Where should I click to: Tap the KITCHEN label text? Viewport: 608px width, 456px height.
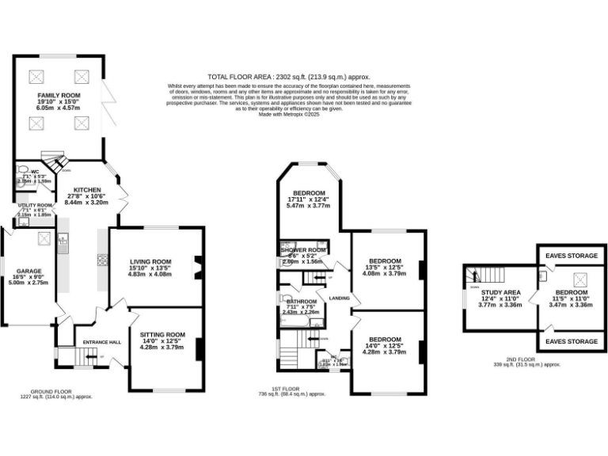click(x=87, y=190)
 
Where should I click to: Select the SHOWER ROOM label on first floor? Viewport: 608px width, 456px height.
click(x=303, y=250)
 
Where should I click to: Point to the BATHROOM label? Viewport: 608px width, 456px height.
click(x=301, y=302)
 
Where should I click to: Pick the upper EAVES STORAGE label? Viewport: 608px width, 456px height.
click(x=572, y=255)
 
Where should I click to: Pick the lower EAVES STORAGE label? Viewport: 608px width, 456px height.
click(x=572, y=341)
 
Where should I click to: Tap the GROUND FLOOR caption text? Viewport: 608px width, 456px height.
click(x=54, y=391)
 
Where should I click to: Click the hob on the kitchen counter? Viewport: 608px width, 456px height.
click(x=101, y=259)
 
